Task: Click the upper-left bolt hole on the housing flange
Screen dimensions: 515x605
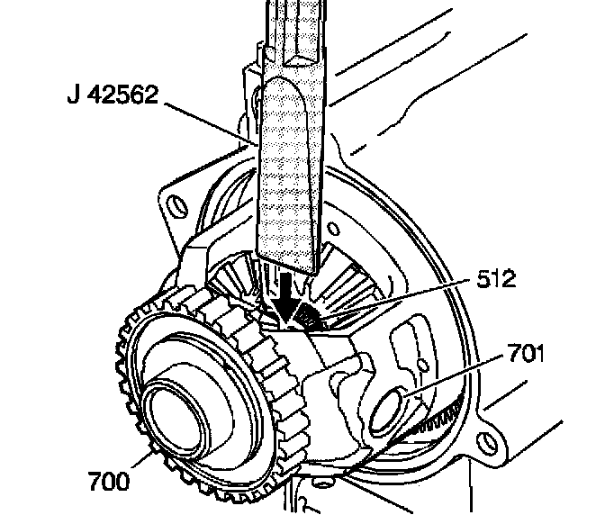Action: click(x=174, y=202)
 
